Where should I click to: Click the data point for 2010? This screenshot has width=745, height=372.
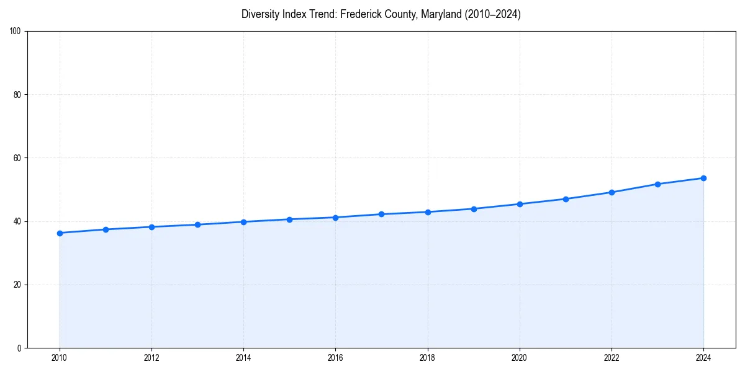(x=60, y=233)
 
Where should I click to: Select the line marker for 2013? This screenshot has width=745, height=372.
(x=197, y=224)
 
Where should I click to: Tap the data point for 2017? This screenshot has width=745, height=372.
(x=381, y=214)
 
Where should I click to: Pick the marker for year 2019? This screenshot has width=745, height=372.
(x=474, y=209)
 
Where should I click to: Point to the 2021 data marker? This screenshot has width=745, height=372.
(x=566, y=199)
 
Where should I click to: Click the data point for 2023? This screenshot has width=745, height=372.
(x=657, y=184)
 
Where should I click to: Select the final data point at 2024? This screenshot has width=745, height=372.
(x=703, y=178)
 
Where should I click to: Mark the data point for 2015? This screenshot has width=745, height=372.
(x=289, y=219)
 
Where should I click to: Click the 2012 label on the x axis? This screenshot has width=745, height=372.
(x=151, y=358)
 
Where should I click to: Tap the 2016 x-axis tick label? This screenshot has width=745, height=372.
(x=335, y=358)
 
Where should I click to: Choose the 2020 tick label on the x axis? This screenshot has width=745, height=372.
(x=520, y=358)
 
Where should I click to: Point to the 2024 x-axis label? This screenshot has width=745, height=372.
(x=703, y=358)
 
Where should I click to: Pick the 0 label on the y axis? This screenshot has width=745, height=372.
(x=20, y=348)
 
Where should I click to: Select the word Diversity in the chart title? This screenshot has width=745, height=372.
(x=260, y=14)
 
